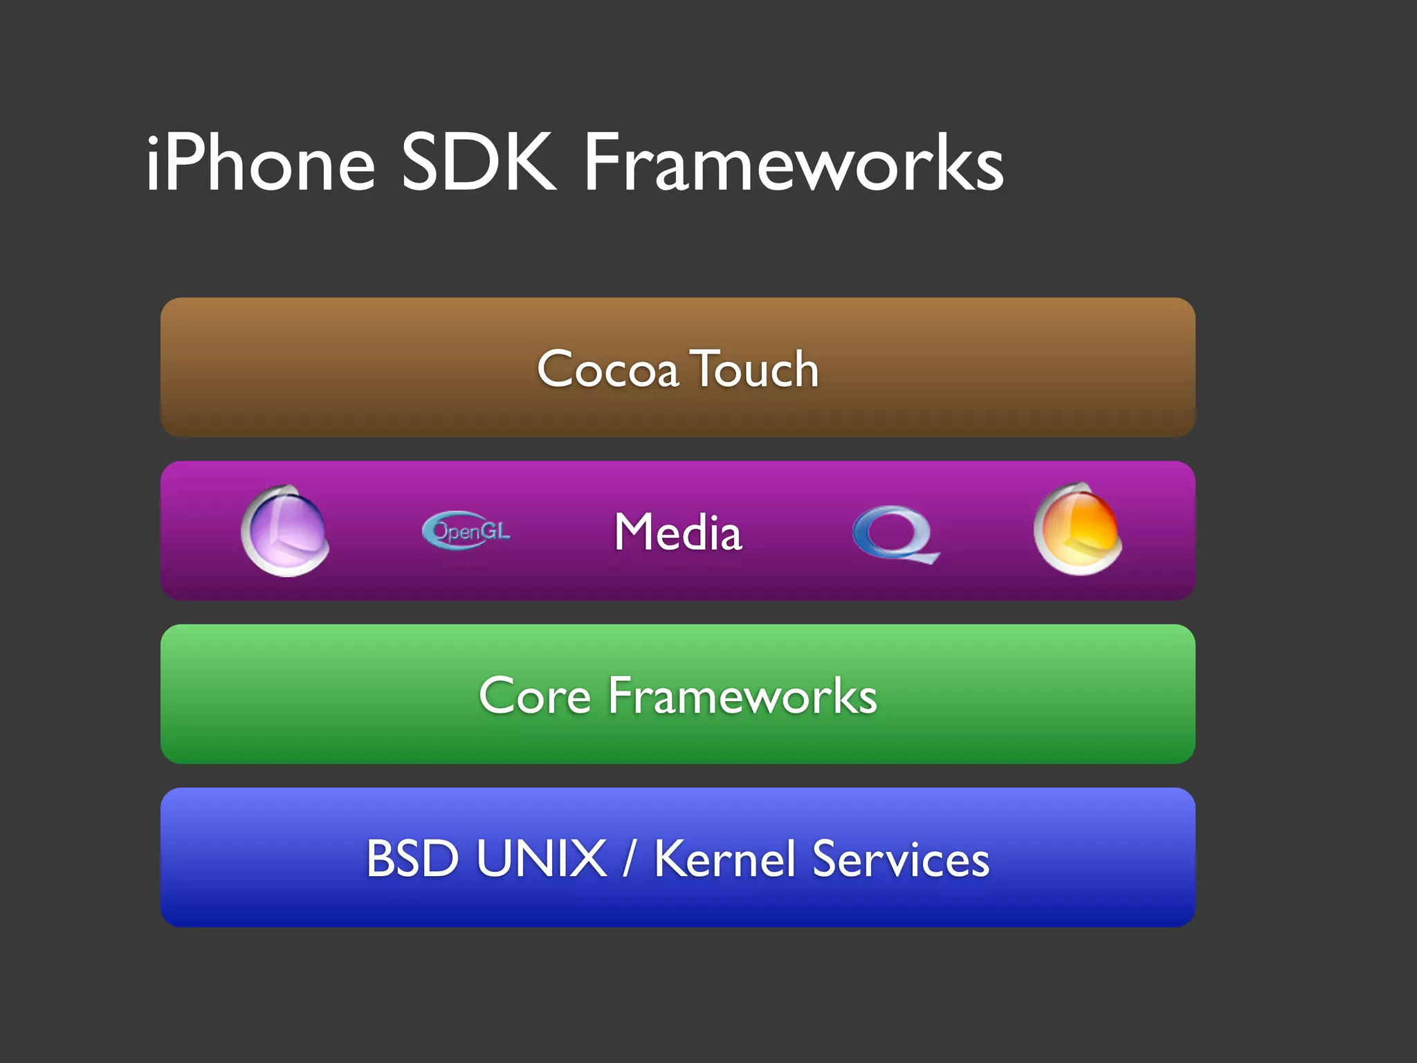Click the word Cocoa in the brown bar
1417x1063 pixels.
[607, 369]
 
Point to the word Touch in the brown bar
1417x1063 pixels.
[756, 369]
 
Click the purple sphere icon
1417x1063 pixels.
[285, 531]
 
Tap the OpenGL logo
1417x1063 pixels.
[466, 531]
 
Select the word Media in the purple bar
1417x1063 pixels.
[678, 532]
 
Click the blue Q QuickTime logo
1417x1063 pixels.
[895, 534]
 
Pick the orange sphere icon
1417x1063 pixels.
[1077, 530]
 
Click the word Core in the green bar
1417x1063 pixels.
[535, 696]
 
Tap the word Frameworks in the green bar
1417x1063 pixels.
[742, 696]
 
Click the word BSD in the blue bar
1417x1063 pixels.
[412, 859]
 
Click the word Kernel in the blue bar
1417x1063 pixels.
[724, 859]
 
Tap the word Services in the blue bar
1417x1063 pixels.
[900, 859]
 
